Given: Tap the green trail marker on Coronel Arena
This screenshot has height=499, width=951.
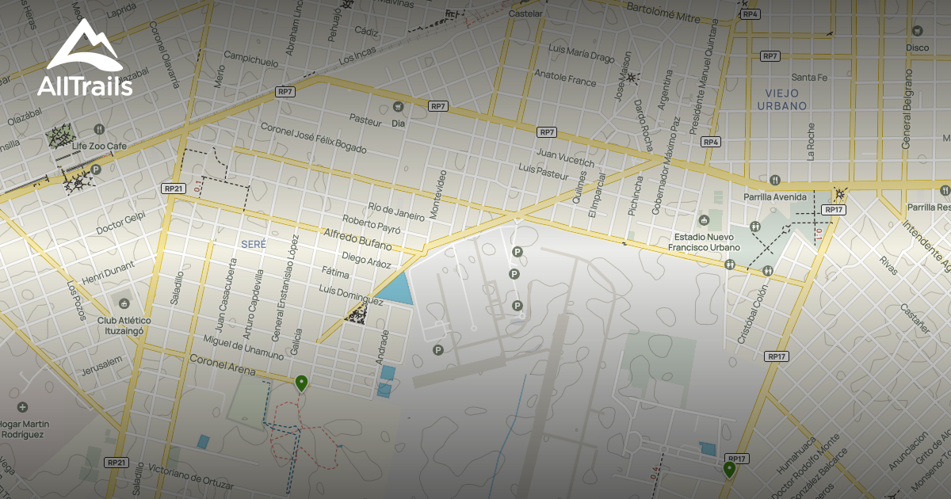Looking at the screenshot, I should point(301,383).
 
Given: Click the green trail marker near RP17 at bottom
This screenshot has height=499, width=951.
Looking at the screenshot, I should point(729,469).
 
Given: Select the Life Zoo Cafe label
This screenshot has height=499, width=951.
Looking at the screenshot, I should point(100,147).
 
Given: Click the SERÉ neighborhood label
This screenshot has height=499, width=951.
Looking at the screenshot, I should point(254,244).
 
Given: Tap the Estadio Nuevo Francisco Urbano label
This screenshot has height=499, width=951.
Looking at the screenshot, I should point(706,242).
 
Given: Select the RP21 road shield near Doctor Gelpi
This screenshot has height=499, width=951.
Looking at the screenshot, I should point(173,189).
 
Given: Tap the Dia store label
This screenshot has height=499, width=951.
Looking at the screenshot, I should point(399,124).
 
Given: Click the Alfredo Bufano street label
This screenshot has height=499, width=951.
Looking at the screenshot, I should point(359,240).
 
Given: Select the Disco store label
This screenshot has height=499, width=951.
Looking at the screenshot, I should point(917,48).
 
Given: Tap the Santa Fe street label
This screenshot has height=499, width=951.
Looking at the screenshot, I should point(809,78).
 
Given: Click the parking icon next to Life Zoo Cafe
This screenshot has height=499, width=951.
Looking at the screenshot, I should point(96,170).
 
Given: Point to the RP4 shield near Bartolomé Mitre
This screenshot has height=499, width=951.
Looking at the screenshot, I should point(750,14).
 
